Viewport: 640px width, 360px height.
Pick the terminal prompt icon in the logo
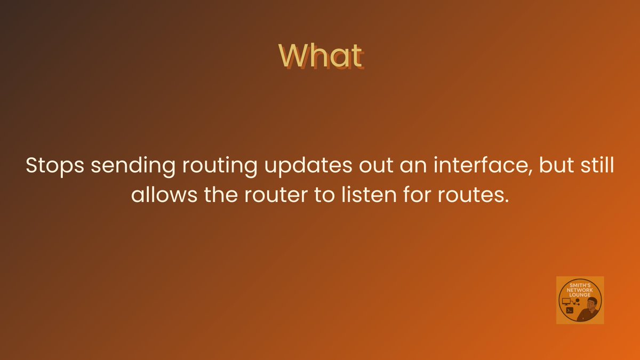[569, 310]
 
